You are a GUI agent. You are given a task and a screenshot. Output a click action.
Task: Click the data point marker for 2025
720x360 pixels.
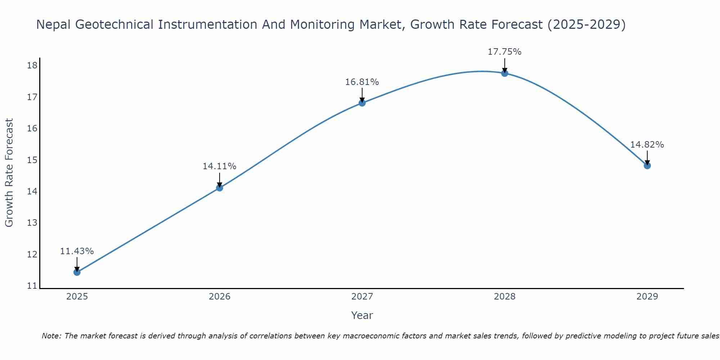(x=77, y=272)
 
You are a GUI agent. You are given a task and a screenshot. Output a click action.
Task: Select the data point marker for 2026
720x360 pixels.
(x=220, y=188)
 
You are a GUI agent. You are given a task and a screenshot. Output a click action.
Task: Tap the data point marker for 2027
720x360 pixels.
(x=362, y=103)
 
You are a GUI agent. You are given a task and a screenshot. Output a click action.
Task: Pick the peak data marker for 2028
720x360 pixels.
(x=505, y=73)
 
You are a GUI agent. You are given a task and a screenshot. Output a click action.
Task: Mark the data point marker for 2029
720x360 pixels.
(x=647, y=166)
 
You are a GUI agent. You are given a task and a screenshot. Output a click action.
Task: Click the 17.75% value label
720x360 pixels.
(x=504, y=52)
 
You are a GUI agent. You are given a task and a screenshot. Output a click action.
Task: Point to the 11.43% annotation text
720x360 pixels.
(x=77, y=251)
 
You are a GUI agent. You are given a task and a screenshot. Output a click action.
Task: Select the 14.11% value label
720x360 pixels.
(x=219, y=166)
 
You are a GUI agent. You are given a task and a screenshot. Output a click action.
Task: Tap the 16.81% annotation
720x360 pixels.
(x=362, y=82)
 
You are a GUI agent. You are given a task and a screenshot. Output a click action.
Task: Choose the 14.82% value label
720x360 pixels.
(x=647, y=145)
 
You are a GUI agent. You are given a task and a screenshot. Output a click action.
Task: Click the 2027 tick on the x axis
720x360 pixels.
(x=362, y=297)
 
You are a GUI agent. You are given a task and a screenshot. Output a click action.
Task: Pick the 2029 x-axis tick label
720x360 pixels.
(x=647, y=297)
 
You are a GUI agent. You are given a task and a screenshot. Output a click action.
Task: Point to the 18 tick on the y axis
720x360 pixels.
(x=32, y=66)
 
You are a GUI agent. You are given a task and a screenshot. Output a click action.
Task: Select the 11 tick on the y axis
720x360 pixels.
(x=32, y=286)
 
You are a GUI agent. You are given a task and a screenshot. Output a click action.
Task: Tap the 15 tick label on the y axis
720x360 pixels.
(x=32, y=160)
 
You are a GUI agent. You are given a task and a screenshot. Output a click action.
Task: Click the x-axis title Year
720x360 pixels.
(x=362, y=316)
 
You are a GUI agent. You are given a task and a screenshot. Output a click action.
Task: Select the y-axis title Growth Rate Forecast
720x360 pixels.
(x=9, y=173)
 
